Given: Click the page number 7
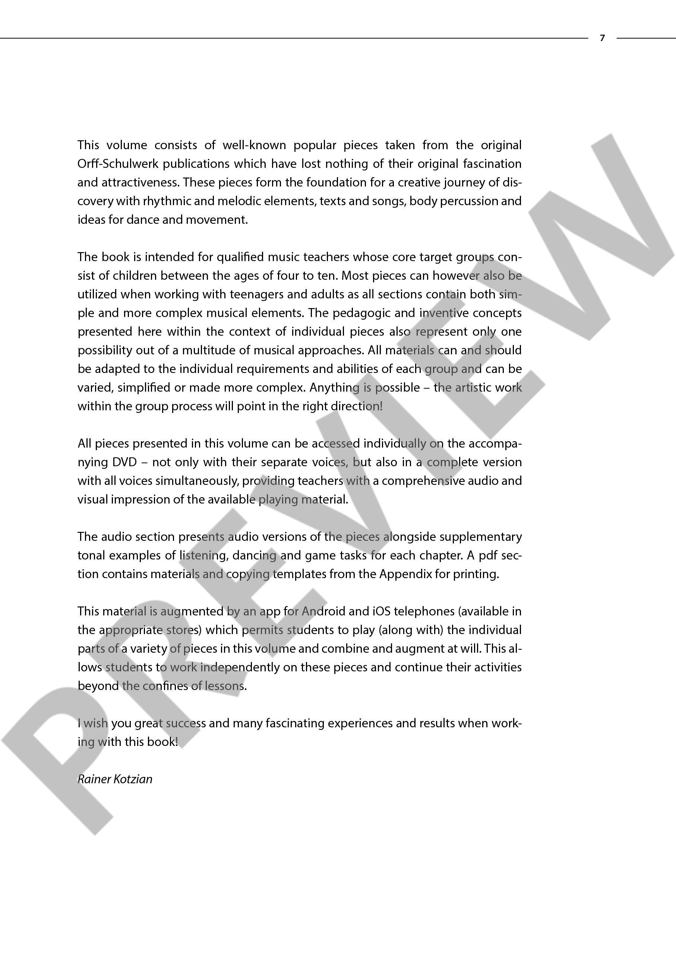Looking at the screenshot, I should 602,38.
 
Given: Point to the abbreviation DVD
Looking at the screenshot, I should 124,462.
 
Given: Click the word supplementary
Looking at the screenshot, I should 480,537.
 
